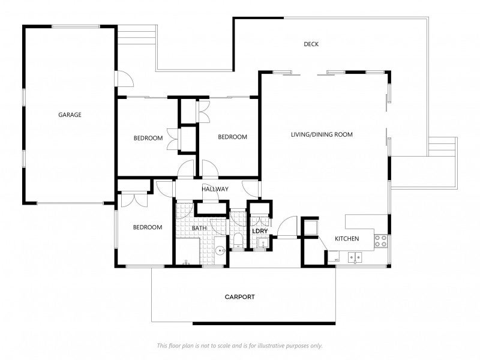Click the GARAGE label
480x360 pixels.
point(70,115)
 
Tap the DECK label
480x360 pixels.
point(311,44)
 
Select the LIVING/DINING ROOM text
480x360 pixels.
point(322,135)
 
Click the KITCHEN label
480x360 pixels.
point(347,239)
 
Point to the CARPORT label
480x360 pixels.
point(240,297)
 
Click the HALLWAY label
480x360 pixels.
point(215,189)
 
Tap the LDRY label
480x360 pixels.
point(260,231)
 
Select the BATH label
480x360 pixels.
point(199,229)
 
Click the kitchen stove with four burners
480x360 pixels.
point(380,241)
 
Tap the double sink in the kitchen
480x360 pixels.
point(355,258)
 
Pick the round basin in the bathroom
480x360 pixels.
point(220,251)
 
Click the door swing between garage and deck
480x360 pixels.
point(122,78)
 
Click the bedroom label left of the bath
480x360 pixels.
point(148,227)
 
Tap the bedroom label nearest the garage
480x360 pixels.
point(148,138)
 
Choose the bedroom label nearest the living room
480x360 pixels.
point(232,137)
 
